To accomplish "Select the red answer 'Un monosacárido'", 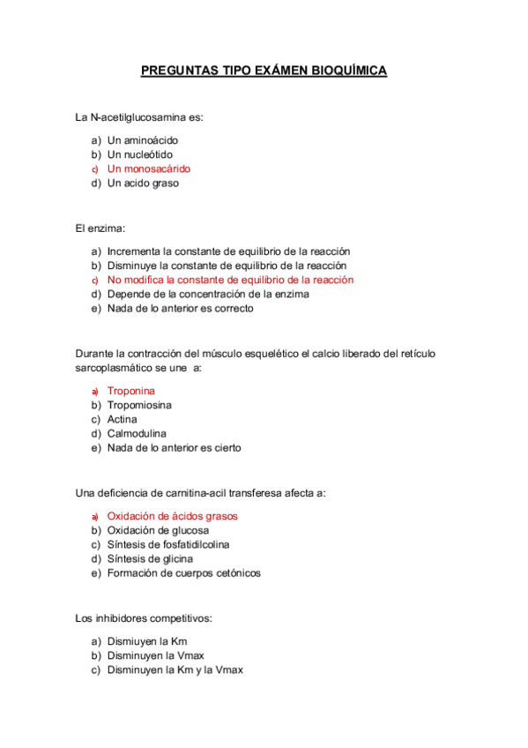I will (148, 168).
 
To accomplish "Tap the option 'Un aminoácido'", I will (143, 140).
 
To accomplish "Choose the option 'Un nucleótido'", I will (140, 154).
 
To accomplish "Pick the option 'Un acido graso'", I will (143, 183).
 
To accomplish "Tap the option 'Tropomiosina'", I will (139, 405).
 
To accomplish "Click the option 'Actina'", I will (122, 419).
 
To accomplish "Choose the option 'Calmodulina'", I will (137, 433).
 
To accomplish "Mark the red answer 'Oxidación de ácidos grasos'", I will (172, 516).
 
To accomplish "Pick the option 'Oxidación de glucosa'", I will (158, 530).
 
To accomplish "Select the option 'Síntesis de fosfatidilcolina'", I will (168, 544).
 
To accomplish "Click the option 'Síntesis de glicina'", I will (150, 558).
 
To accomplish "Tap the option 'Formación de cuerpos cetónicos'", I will (183, 573).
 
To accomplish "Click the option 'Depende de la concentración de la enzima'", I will (208, 294).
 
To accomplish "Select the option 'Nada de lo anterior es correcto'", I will (180, 309).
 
